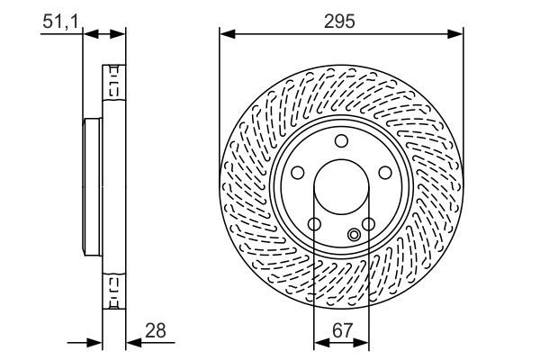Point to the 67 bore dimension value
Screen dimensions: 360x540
click(x=341, y=331)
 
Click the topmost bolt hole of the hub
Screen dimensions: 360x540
click(x=341, y=139)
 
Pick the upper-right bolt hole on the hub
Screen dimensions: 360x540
click(x=384, y=174)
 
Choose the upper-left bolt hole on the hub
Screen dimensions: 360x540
click(x=298, y=174)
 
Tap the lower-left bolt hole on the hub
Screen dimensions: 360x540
click(x=314, y=224)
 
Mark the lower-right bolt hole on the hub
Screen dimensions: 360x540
click(x=368, y=224)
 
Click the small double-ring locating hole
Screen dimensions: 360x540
click(x=354, y=236)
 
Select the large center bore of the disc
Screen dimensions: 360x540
click(x=341, y=189)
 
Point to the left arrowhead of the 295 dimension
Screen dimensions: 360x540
click(x=226, y=34)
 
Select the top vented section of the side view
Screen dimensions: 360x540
click(x=113, y=85)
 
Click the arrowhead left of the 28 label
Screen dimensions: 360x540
click(x=130, y=342)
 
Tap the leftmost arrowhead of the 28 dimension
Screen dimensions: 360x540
click(x=96, y=342)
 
